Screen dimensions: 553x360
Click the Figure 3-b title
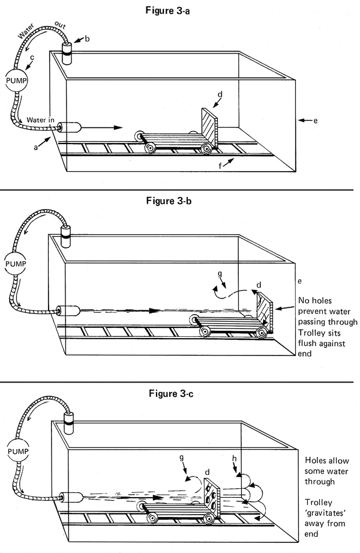pos(180,201)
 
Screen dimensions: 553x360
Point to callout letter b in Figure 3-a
pos(88,39)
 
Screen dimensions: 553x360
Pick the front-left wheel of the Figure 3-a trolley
pos(140,136)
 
